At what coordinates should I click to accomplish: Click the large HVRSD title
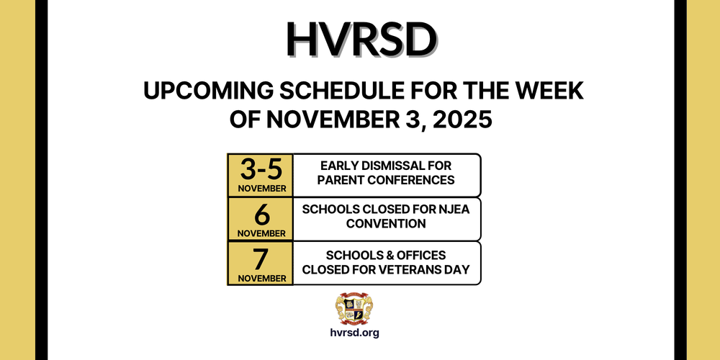pos(360,40)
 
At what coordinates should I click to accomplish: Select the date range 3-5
pos(261,171)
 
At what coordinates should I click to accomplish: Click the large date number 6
pos(261,214)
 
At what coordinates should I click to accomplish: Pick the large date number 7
pos(261,258)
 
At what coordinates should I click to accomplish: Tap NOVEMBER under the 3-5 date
pos(261,189)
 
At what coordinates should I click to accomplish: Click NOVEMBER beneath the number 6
pos(261,233)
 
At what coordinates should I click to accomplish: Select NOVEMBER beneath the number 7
pos(261,277)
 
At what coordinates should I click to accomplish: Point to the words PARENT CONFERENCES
pos(386,179)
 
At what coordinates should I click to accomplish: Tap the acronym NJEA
pos(439,210)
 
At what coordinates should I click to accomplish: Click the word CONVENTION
pos(386,224)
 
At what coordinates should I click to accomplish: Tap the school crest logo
pos(354,307)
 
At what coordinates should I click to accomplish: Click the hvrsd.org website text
pos(354,333)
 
